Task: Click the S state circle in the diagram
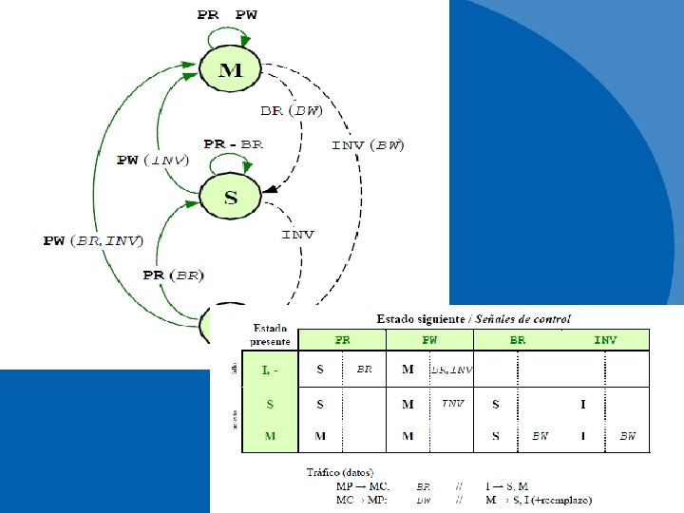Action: tap(230, 198)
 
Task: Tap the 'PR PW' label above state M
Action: tap(227, 14)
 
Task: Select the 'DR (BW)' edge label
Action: tap(293, 110)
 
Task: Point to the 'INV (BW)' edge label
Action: tap(368, 145)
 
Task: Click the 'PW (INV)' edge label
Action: tap(152, 160)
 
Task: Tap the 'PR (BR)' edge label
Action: tap(173, 275)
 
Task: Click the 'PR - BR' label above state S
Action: tap(233, 144)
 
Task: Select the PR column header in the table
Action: tap(342, 339)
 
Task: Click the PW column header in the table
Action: tap(429, 339)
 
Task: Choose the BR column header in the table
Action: tap(518, 339)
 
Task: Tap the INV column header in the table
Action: tap(605, 339)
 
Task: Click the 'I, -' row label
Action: tap(271, 369)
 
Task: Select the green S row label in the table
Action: tap(271, 404)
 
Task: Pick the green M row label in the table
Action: tap(271, 436)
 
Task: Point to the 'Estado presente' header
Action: tap(271, 333)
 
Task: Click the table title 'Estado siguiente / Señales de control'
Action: tap(473, 319)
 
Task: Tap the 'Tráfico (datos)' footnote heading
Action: tap(339, 472)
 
